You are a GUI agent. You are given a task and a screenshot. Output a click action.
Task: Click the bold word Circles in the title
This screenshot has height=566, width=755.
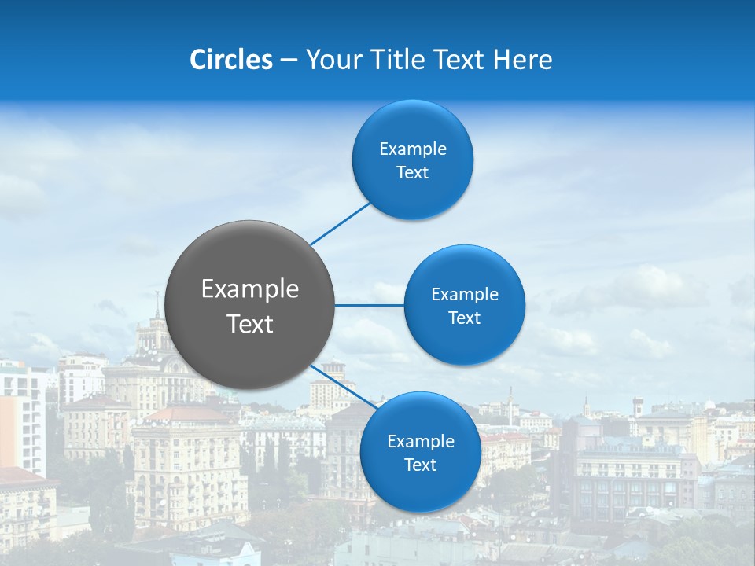pos(231,60)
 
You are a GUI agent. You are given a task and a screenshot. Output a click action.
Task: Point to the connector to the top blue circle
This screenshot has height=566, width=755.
pos(341,223)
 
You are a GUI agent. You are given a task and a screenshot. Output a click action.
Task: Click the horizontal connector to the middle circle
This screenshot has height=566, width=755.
pos(369,305)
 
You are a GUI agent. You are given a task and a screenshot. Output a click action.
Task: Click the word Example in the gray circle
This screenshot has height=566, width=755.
pos(250,289)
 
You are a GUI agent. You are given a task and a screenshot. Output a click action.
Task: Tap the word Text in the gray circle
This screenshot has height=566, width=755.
pos(250,324)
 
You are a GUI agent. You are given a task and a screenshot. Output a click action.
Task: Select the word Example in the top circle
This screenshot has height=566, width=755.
pos(413,149)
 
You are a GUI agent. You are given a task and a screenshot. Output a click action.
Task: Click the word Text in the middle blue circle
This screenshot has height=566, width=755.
pos(465,318)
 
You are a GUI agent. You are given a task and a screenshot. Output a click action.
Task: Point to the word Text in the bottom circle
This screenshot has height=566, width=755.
pos(420,465)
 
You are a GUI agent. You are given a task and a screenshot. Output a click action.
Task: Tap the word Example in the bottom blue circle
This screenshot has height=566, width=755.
pos(420,441)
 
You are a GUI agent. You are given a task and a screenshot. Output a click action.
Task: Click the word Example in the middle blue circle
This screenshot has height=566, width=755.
pos(465,295)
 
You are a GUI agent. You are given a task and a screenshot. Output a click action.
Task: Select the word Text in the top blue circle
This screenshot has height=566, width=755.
pos(413,173)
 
